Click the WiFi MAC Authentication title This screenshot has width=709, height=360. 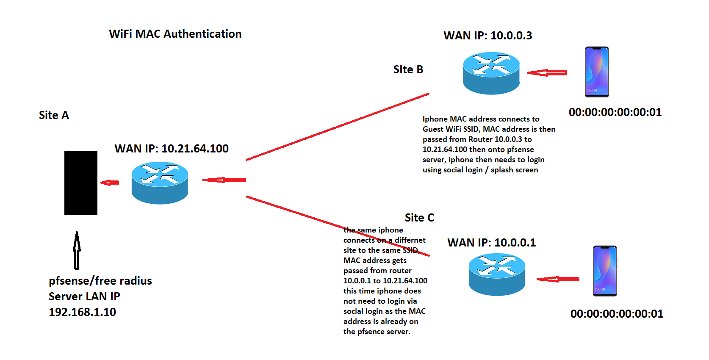point(175,34)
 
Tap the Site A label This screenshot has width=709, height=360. point(54,115)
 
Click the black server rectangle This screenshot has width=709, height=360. point(81,183)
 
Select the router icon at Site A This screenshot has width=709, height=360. point(160,183)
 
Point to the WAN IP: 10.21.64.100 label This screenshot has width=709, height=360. point(172,149)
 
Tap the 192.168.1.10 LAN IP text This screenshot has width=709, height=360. point(82,312)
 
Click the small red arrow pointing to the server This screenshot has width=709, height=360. point(110,183)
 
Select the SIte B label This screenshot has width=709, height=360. point(408,69)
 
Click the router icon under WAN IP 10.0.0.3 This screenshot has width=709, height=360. point(491,73)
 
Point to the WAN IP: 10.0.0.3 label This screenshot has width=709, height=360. point(487,36)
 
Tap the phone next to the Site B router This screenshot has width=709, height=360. point(597,72)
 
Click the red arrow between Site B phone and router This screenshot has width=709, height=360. point(547,73)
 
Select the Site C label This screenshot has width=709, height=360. point(419,218)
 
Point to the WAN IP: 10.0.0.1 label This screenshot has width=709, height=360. point(491,243)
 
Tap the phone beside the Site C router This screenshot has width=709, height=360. point(605,271)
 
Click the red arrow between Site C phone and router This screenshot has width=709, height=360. point(558,279)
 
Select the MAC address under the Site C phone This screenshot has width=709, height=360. point(617,314)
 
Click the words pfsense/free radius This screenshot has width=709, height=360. point(100,281)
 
